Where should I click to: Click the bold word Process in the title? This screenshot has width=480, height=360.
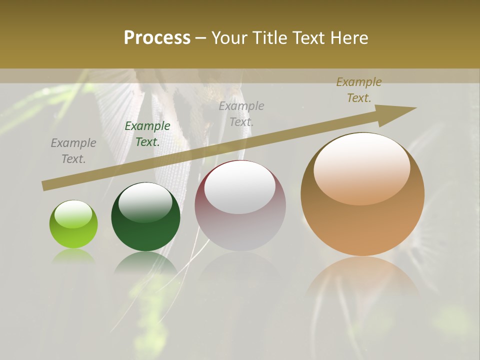pos(157,37)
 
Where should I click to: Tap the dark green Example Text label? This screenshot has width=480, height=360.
pos(147,134)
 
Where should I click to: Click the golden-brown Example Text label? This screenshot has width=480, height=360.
pos(359,90)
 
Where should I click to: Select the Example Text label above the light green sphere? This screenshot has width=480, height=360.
pos(73,151)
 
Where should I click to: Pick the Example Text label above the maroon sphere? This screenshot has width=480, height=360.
pos(241,113)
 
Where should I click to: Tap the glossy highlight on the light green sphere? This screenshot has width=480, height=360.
pos(73,214)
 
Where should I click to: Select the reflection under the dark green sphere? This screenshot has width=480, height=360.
pos(145,262)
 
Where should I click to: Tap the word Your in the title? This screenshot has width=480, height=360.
pos(230,37)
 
